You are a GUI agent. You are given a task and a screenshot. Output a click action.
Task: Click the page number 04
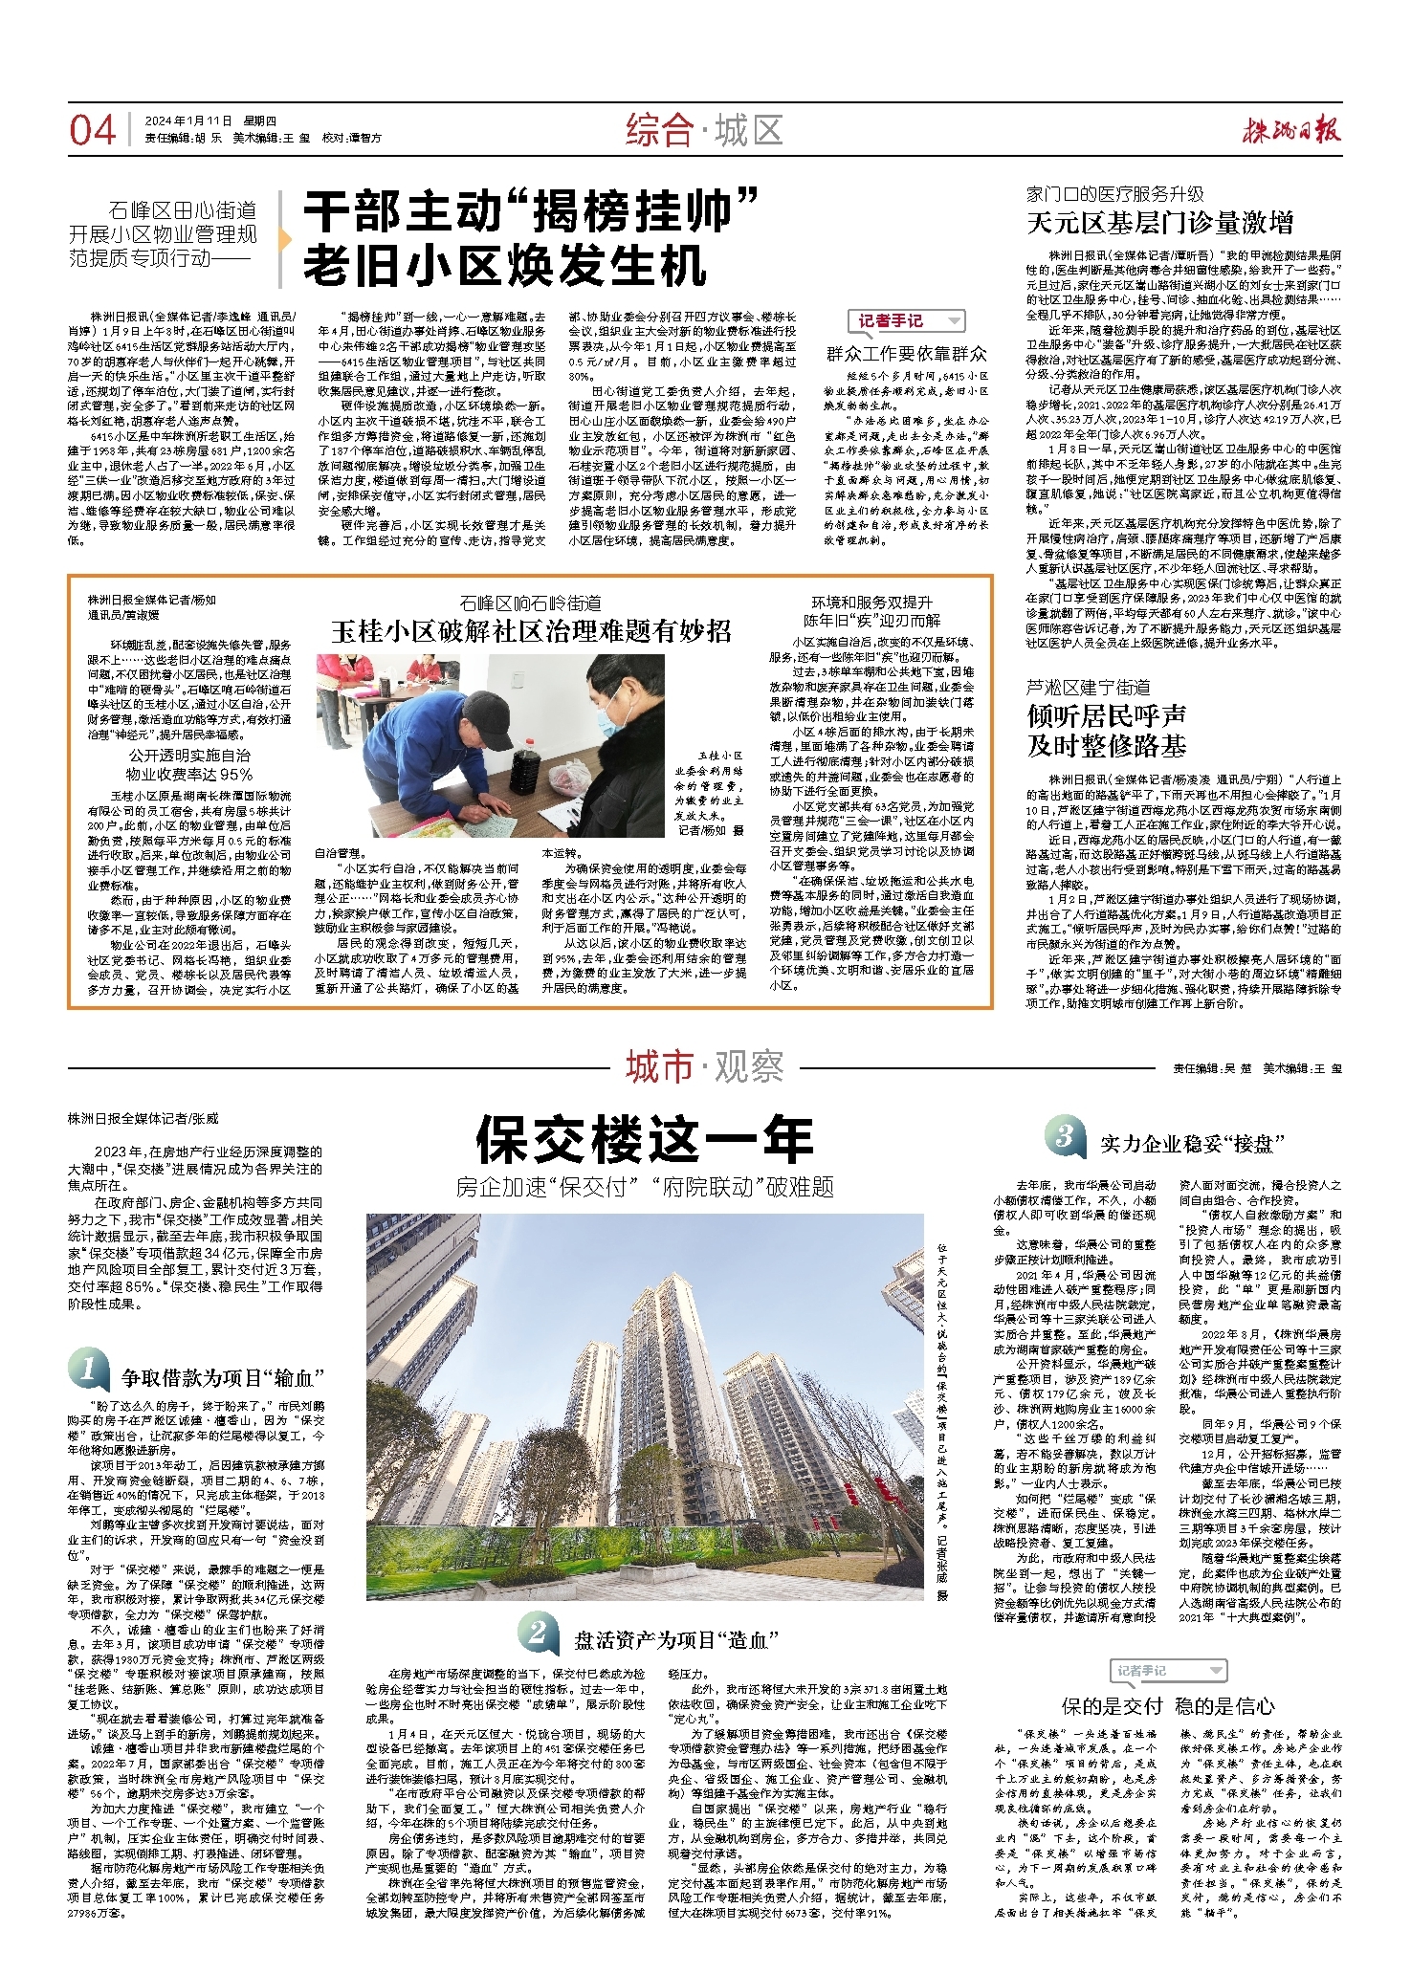(92, 130)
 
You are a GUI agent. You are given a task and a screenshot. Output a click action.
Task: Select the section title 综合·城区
(704, 130)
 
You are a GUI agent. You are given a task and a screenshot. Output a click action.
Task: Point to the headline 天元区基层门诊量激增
(1159, 224)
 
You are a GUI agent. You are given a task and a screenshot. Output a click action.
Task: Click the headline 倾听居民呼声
(1107, 715)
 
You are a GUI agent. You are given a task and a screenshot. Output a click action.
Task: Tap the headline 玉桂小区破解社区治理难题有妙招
(531, 630)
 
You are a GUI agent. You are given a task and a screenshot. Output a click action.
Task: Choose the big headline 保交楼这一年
(644, 1139)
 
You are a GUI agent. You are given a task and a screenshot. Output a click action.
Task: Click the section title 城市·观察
(704, 1066)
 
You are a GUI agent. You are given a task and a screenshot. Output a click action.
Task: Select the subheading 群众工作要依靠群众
(906, 354)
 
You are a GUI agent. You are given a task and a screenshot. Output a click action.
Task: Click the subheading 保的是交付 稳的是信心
(1168, 1706)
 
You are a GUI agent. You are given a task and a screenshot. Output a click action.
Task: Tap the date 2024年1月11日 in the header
(188, 121)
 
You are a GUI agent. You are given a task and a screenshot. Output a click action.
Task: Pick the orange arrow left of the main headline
(284, 238)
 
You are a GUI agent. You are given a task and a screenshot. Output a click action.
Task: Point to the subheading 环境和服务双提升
(871, 603)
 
